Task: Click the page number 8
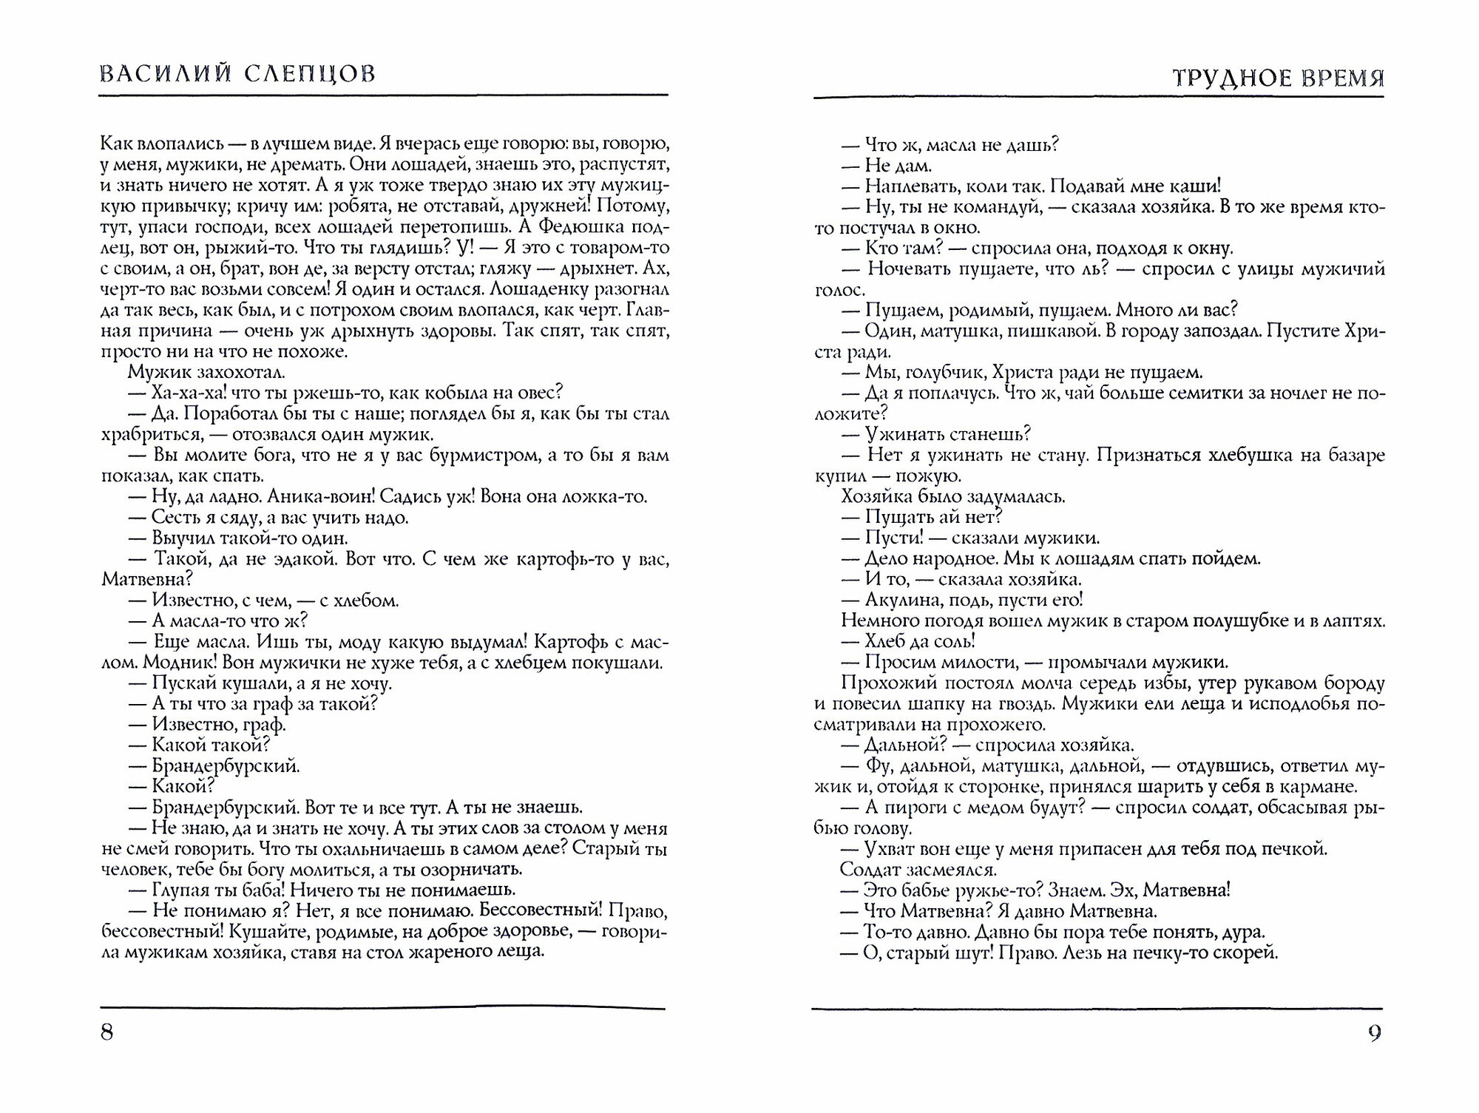point(107,1032)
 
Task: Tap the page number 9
point(1374,1033)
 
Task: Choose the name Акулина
point(902,600)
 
